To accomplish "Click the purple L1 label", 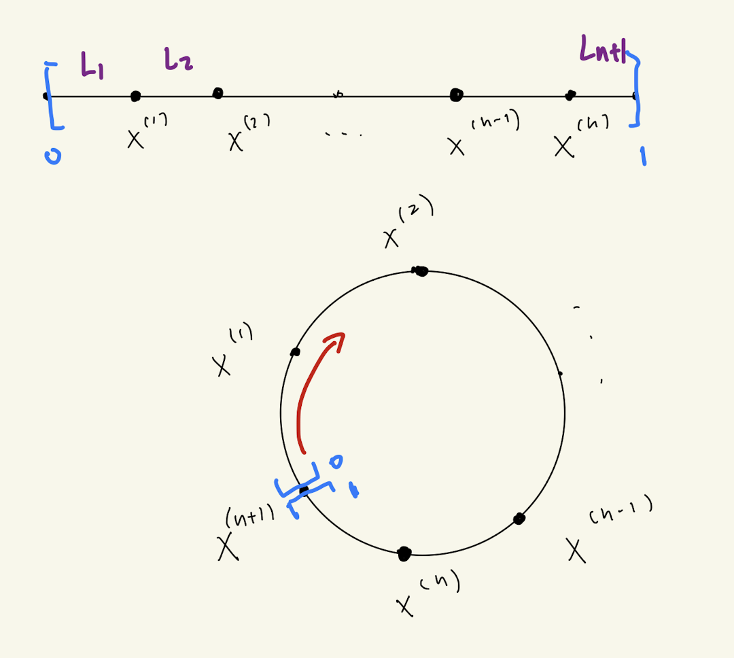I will [92, 66].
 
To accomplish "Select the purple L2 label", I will [178, 61].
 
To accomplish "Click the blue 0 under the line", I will [53, 157].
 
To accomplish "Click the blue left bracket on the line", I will [53, 95].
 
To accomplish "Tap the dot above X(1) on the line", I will [135, 97].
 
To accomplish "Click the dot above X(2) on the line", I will [217, 93].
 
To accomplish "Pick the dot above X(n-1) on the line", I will [456, 94].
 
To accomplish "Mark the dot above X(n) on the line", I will [570, 94].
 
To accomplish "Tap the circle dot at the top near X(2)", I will [421, 271].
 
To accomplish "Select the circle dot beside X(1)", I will [295, 352].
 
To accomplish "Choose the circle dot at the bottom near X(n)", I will [404, 553].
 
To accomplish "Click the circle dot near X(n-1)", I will [519, 519].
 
